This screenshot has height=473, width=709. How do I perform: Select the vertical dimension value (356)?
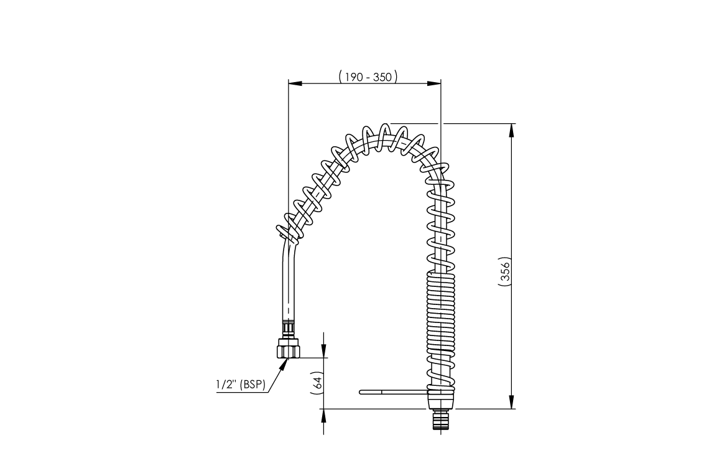point(505,271)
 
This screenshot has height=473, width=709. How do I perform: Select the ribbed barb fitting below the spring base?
point(442,420)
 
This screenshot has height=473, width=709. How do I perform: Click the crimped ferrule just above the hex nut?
point(288,327)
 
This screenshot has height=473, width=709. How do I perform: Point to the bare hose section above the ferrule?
point(289,286)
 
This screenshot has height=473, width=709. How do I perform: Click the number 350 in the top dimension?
point(382,77)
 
